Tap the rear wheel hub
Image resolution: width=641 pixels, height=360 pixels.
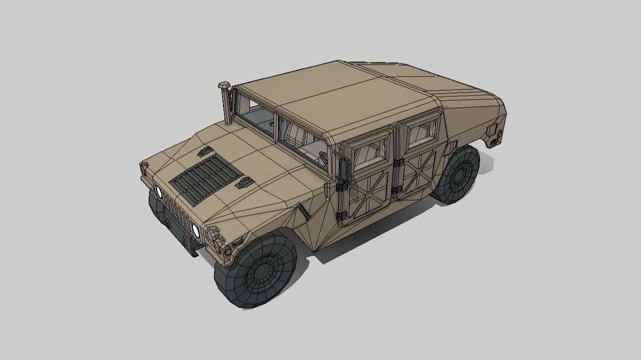pyautogui.click(x=458, y=176)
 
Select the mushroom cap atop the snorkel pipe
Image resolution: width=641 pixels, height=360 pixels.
pyautogui.click(x=224, y=86)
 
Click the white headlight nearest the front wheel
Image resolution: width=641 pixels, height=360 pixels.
pyautogui.click(x=195, y=230)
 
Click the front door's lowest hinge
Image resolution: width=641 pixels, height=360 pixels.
pyautogui.click(x=341, y=216)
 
